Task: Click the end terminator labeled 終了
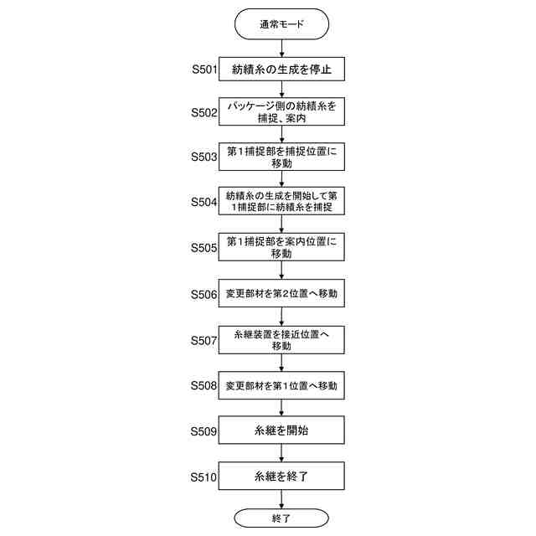pyautogui.click(x=281, y=519)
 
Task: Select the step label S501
pyautogui.click(x=204, y=70)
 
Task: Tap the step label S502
pyautogui.click(x=204, y=112)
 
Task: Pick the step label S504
pyautogui.click(x=204, y=202)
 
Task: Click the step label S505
pyautogui.click(x=204, y=248)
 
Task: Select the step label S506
pyautogui.click(x=204, y=295)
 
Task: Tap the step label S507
pyautogui.click(x=204, y=341)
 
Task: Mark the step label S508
pyautogui.click(x=204, y=387)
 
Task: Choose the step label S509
pyautogui.click(x=204, y=432)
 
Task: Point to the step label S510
pyautogui.click(x=204, y=478)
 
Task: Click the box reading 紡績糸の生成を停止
pyautogui.click(x=281, y=70)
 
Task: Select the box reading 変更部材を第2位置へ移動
pyautogui.click(x=281, y=295)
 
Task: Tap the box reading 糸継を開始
pyautogui.click(x=281, y=432)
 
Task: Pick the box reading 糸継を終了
pyautogui.click(x=281, y=478)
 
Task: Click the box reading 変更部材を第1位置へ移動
pyautogui.click(x=281, y=387)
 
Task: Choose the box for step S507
pyautogui.click(x=281, y=341)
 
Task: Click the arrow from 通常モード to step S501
pyautogui.click(x=281, y=47)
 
